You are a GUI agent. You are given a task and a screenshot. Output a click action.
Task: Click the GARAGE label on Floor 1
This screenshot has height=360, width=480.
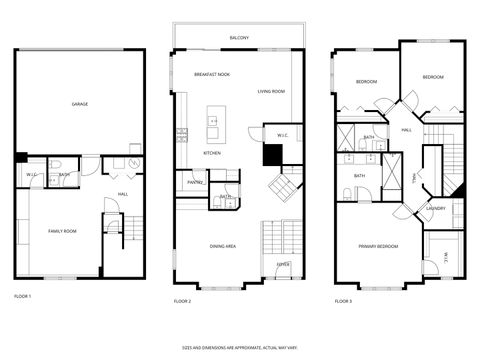point(79,104)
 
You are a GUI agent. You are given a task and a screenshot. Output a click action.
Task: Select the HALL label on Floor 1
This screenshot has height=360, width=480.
point(123,194)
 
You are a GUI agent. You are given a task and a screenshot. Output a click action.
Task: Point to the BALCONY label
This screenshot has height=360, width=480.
point(239,38)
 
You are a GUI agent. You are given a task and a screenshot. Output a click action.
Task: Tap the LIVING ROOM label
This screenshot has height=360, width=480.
point(271,91)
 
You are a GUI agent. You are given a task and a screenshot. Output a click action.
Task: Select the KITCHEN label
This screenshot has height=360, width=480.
point(212,153)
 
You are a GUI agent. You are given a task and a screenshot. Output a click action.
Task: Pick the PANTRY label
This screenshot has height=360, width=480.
point(195,182)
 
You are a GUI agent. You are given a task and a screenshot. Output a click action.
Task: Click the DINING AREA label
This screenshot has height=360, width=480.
point(222,245)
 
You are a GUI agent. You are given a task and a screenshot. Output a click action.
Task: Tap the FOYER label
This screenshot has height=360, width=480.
point(284,264)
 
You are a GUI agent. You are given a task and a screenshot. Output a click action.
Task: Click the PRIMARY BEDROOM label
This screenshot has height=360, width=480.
point(379,245)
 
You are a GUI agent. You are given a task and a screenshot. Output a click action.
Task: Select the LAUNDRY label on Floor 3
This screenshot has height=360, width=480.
point(435,208)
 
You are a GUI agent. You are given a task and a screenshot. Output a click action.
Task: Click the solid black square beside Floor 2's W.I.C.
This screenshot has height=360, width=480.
point(272,154)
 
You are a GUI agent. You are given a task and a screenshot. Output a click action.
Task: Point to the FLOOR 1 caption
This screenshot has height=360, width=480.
point(23,297)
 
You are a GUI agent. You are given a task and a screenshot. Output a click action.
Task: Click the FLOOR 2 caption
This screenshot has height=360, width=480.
point(182,300)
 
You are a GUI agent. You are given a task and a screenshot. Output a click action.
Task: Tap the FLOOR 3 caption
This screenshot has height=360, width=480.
point(343,300)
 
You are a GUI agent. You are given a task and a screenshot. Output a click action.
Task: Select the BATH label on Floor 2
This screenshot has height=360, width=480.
point(226,197)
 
